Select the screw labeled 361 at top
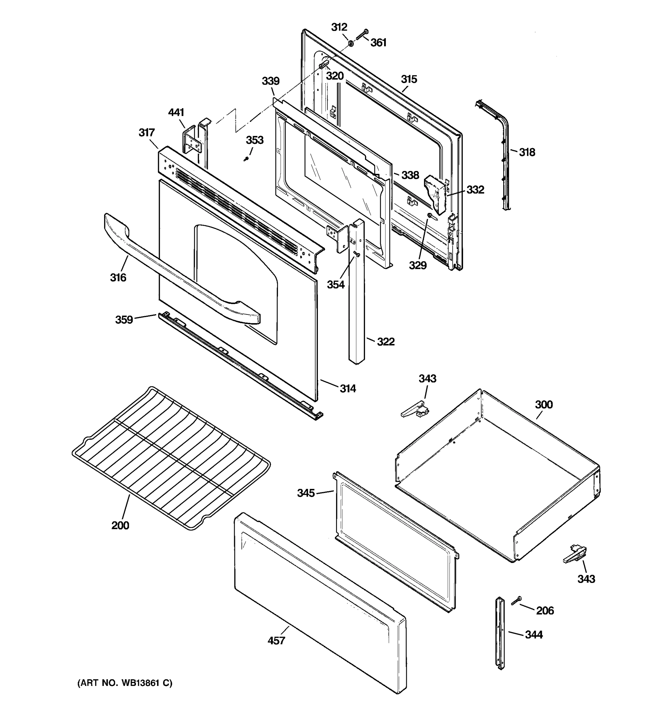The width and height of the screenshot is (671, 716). [361, 35]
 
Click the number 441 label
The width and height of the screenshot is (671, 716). [176, 112]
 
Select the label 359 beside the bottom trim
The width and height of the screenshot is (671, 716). [124, 320]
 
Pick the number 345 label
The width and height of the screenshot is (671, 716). [306, 493]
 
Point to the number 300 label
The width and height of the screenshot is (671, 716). [544, 405]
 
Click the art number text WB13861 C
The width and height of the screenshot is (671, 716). [125, 683]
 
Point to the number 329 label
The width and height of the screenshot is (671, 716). [418, 265]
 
